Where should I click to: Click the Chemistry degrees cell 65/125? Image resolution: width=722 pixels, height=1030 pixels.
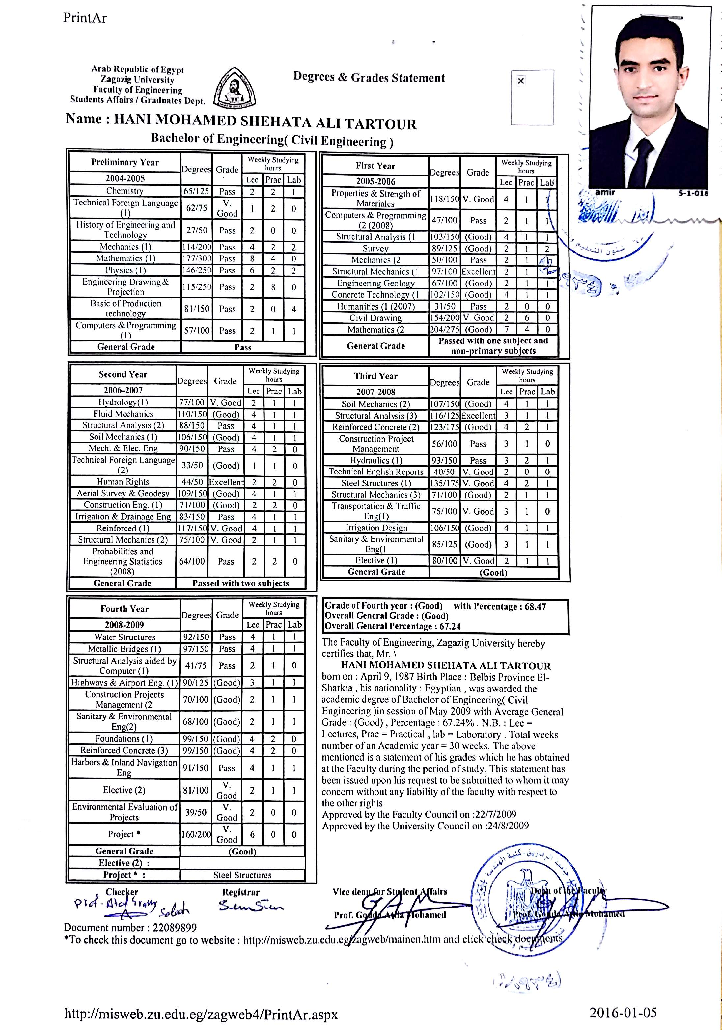point(196,191)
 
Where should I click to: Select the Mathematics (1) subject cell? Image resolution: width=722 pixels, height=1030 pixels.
point(125,258)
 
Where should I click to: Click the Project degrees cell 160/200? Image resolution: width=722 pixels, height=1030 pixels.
point(196,835)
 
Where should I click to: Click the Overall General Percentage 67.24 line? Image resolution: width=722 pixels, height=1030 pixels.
point(393,626)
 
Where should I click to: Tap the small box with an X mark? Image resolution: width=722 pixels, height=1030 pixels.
point(520,81)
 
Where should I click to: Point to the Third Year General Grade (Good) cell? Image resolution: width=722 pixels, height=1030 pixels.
point(493,572)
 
